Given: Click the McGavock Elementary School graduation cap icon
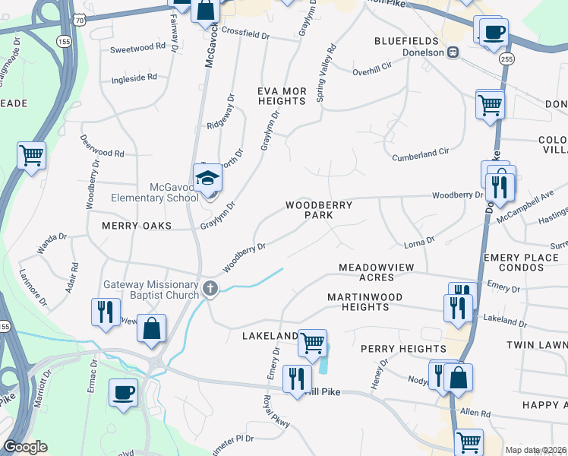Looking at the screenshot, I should point(207,178).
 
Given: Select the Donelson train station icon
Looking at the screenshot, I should point(453,52).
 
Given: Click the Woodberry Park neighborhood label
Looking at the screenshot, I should point(308,211).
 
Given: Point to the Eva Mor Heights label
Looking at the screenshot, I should point(282,96).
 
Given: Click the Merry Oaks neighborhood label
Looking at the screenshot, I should point(136,226).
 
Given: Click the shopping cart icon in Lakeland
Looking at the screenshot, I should point(312,342).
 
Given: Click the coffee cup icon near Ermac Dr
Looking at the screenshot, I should point(123,392).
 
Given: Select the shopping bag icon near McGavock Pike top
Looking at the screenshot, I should point(205,10).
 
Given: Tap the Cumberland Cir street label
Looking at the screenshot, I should point(420,154).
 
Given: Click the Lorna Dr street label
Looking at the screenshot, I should point(418,242).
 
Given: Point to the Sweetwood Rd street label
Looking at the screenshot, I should point(137,46).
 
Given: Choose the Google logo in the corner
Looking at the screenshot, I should point(25,447).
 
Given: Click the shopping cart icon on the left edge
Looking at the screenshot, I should point(31,155).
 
